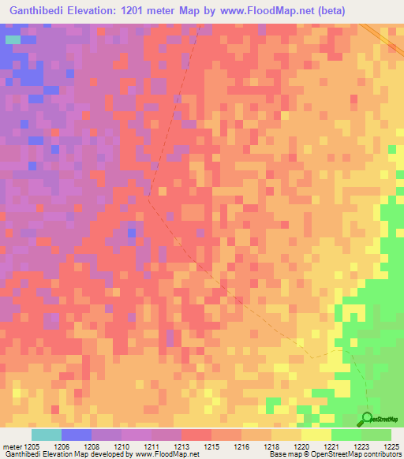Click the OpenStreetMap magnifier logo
point(368,418)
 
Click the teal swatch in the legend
point(47,435)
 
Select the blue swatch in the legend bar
point(77,435)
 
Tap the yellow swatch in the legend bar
point(316,435)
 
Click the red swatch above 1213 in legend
point(196,435)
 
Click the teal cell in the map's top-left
point(13,38)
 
